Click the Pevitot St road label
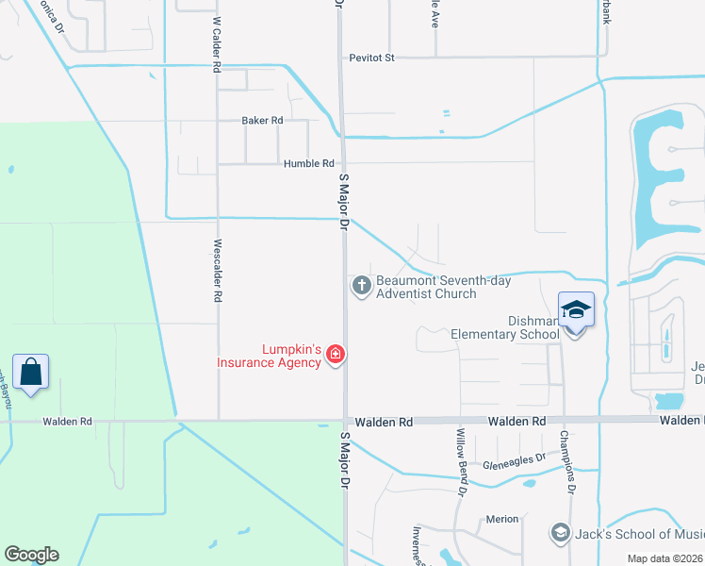pyautogui.click(x=371, y=58)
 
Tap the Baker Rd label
pyautogui.click(x=262, y=121)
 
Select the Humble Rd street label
pyautogui.click(x=309, y=163)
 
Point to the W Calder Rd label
pyautogui.click(x=217, y=44)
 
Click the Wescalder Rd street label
pyautogui.click(x=217, y=269)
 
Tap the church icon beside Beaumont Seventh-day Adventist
pyautogui.click(x=361, y=286)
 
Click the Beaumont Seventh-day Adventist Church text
pyautogui.click(x=425, y=287)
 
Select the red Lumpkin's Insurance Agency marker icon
pyautogui.click(x=335, y=355)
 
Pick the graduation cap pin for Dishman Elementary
pyautogui.click(x=575, y=310)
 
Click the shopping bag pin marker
pyautogui.click(x=31, y=372)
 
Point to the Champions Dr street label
pyautogui.click(x=568, y=462)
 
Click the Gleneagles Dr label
pyautogui.click(x=515, y=458)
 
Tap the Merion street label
pyautogui.click(x=502, y=520)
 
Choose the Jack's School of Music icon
pyautogui.click(x=561, y=534)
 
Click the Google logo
pyautogui.click(x=31, y=555)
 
